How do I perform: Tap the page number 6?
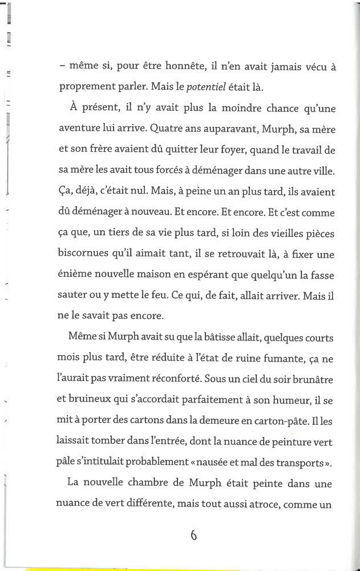(193, 535)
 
